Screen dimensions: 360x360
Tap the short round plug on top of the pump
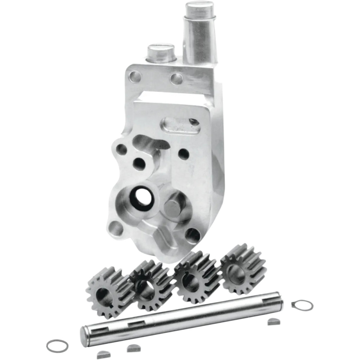point(161,53)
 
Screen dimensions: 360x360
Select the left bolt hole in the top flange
point(135,76)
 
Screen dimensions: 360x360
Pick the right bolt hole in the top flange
point(176,79)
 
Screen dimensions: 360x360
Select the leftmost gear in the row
point(108,292)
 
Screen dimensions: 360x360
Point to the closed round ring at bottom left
point(57,346)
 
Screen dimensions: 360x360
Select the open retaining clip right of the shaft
point(302,305)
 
